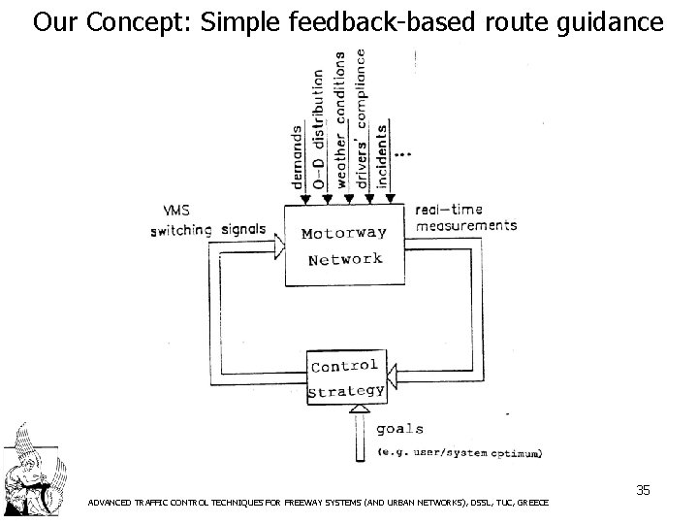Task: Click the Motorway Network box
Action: [343, 246]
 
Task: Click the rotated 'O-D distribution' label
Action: [319, 131]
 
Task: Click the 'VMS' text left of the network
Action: [176, 212]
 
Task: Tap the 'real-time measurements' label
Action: [465, 218]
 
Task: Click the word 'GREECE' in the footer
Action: [532, 503]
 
